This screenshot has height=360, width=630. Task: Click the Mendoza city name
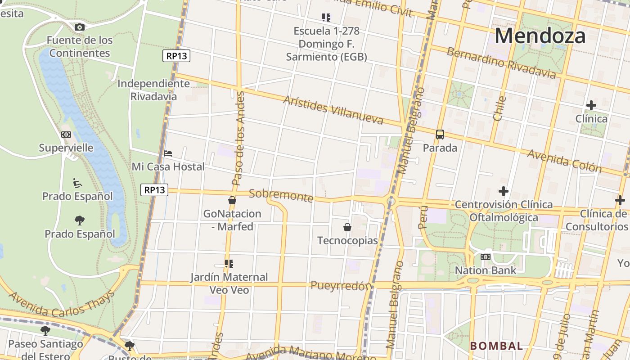tap(540, 36)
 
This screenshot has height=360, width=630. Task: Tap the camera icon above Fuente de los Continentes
tap(80, 27)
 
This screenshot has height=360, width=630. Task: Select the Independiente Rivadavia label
tap(153, 90)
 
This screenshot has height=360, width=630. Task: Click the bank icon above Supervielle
tap(66, 135)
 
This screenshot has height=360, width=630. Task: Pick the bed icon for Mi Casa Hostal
tap(168, 153)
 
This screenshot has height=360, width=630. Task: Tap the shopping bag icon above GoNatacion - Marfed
tap(232, 200)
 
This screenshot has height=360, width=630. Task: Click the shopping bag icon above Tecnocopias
tap(347, 227)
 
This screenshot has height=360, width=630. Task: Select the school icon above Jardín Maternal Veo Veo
tap(229, 264)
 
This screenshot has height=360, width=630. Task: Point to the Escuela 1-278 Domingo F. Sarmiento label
tap(326, 44)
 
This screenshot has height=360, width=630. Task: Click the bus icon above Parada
tap(440, 135)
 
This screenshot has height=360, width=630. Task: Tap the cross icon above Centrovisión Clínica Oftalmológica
tap(504, 191)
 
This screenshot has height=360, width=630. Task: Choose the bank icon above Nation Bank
tap(486, 257)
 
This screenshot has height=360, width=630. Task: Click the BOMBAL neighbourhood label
tap(496, 346)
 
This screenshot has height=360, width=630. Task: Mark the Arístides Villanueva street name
tap(333, 110)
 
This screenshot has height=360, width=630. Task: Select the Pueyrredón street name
tap(342, 286)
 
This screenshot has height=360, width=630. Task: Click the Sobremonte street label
tap(281, 195)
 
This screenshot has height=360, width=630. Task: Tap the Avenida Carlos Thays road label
tap(62, 304)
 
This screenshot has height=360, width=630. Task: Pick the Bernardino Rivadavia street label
tap(501, 63)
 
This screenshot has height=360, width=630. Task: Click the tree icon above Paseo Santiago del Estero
tap(45, 331)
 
